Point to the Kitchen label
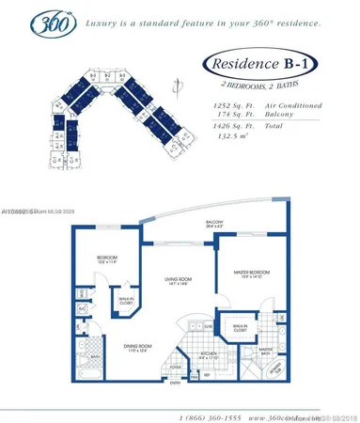click(x=208, y=355)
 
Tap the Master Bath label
click(x=265, y=351)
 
